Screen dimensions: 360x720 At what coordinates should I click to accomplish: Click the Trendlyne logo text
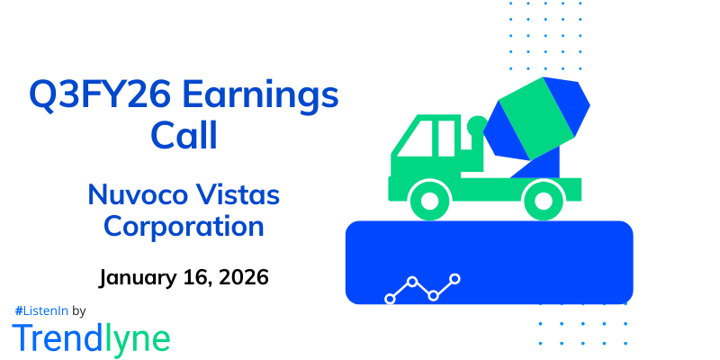[91, 337]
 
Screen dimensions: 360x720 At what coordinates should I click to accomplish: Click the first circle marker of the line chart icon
[391, 298]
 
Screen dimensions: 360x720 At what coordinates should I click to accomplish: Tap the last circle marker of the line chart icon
[455, 279]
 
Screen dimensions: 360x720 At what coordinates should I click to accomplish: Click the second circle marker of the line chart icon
[412, 282]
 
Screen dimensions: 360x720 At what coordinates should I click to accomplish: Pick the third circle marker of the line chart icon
[434, 295]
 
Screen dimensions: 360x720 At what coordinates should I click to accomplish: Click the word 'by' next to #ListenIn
[78, 310]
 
